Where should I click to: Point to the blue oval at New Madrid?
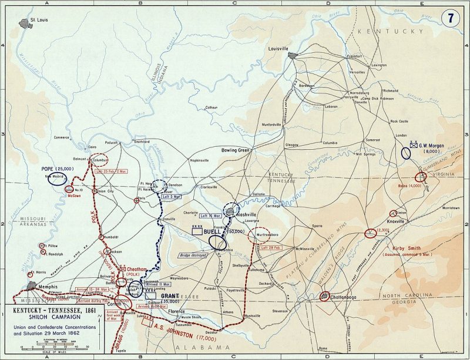[56, 179]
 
